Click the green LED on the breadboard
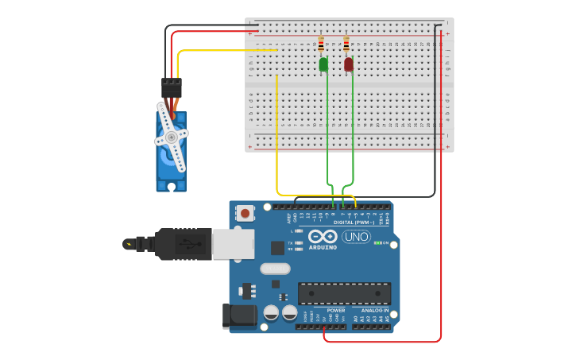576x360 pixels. pyautogui.click(x=323, y=64)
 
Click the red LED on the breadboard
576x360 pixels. pyautogui.click(x=349, y=64)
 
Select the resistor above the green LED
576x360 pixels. pyautogui.click(x=321, y=44)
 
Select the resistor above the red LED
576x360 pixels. pyautogui.click(x=346, y=44)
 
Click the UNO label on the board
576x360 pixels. pyautogui.click(x=356, y=236)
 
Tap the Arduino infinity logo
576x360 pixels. pyautogui.click(x=323, y=237)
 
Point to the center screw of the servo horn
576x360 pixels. pyautogui.click(x=171, y=137)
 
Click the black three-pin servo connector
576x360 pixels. pyautogui.click(x=171, y=87)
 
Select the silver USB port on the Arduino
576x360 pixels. pyautogui.click(x=233, y=244)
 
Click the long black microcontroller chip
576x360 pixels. pyautogui.click(x=344, y=293)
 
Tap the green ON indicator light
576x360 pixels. pyautogui.click(x=377, y=242)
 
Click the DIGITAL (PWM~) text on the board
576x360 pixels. pyautogui.click(x=354, y=223)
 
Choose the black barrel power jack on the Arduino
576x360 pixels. pyautogui.click(x=241, y=315)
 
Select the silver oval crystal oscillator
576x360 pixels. pyautogui.click(x=275, y=269)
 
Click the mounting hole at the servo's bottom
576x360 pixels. pyautogui.click(x=172, y=186)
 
